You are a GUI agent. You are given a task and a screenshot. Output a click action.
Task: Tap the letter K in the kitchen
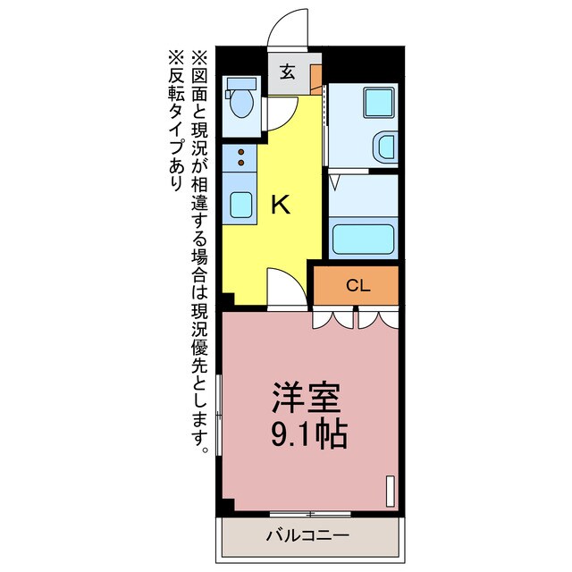pos(281,206)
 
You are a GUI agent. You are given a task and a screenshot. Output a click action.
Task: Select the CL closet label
pos(357,286)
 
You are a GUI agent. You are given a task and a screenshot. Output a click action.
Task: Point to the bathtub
pos(363,239)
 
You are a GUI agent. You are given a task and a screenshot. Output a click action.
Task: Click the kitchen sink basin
pos(240,205)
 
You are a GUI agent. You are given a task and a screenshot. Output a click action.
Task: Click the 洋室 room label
pos(307,396)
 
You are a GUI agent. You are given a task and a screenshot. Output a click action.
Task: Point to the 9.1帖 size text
pos(307,435)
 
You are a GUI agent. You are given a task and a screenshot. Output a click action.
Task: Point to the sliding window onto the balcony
pos(309,514)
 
